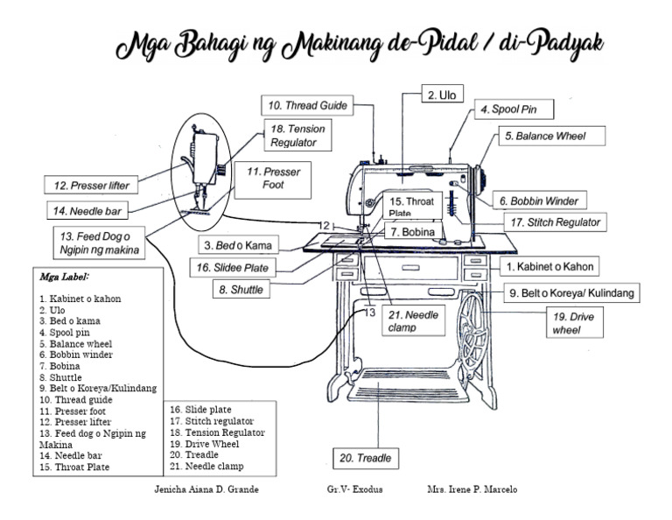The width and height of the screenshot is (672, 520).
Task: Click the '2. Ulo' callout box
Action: [x=444, y=94]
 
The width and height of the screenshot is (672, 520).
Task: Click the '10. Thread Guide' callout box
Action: [x=306, y=105]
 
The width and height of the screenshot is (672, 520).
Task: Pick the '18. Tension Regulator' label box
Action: [x=297, y=135]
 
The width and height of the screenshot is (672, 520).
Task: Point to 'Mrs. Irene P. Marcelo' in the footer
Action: [x=472, y=490]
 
